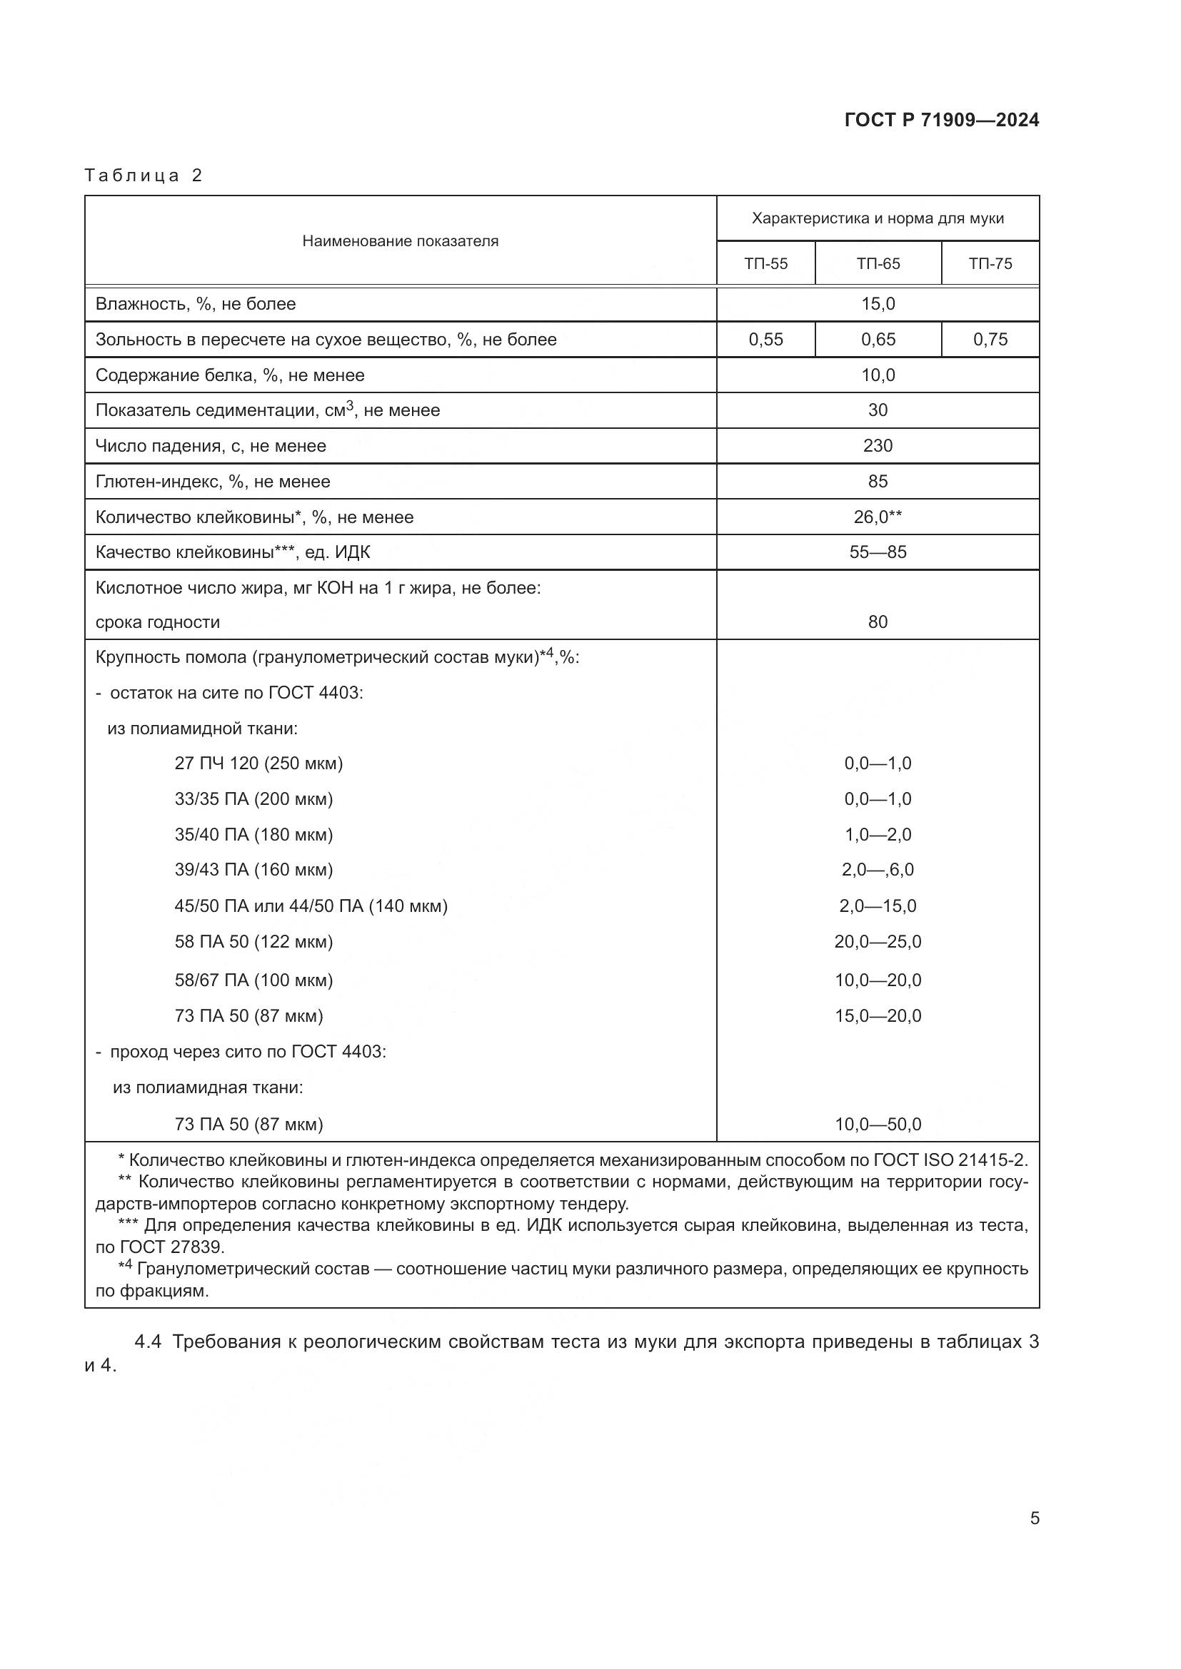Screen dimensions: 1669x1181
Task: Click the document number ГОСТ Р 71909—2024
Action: [x=941, y=120]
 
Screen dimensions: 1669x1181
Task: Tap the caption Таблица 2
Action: [x=144, y=176]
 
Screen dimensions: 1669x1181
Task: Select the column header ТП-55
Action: [x=765, y=264]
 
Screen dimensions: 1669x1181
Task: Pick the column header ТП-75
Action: [x=990, y=264]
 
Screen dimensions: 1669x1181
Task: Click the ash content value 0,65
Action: [x=878, y=340]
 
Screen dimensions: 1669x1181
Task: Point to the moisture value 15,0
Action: [x=878, y=304]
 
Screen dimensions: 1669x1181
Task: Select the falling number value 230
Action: [x=878, y=445]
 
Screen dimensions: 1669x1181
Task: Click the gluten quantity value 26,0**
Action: [x=878, y=517]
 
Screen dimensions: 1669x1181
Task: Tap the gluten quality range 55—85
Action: [x=878, y=552]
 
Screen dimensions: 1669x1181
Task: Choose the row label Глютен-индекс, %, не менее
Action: [x=213, y=481]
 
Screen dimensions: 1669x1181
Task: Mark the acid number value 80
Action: [x=878, y=622]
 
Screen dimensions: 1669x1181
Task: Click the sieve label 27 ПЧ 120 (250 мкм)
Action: [x=258, y=764]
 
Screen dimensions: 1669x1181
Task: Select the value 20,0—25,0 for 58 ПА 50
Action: [x=878, y=941]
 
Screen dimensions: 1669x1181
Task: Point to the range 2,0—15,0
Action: [x=878, y=905]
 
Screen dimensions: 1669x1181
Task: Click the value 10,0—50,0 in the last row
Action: [x=878, y=1125]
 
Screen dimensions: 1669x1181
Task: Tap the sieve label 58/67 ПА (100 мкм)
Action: [x=253, y=980]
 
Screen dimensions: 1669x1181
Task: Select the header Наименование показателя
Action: [x=400, y=241]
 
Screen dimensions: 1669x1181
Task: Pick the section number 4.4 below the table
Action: [x=148, y=1342]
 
